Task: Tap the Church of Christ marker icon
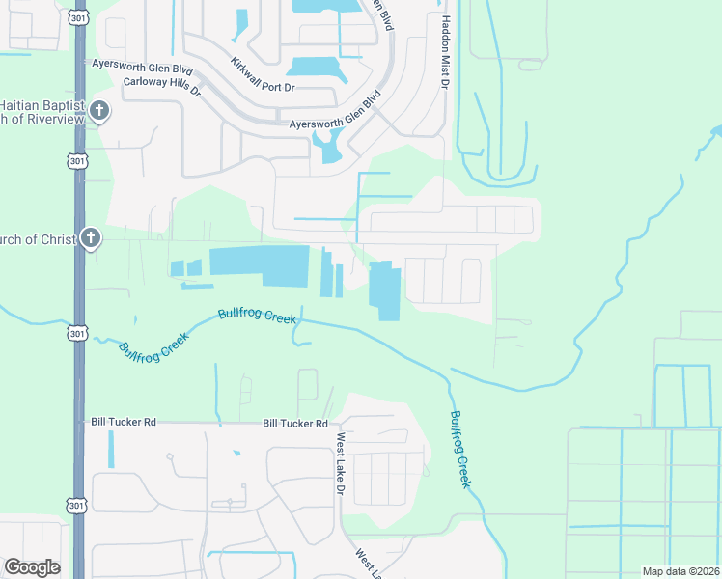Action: [90, 237]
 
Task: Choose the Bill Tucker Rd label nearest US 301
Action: [124, 423]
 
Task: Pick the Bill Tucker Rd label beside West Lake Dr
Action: [295, 424]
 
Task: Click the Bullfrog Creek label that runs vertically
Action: [459, 449]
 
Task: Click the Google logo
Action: [32, 567]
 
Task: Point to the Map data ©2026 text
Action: [681, 571]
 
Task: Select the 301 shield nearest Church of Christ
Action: [77, 160]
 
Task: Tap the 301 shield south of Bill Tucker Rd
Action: [77, 505]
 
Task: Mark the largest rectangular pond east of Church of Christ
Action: [260, 265]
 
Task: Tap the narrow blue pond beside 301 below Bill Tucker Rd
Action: [111, 449]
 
